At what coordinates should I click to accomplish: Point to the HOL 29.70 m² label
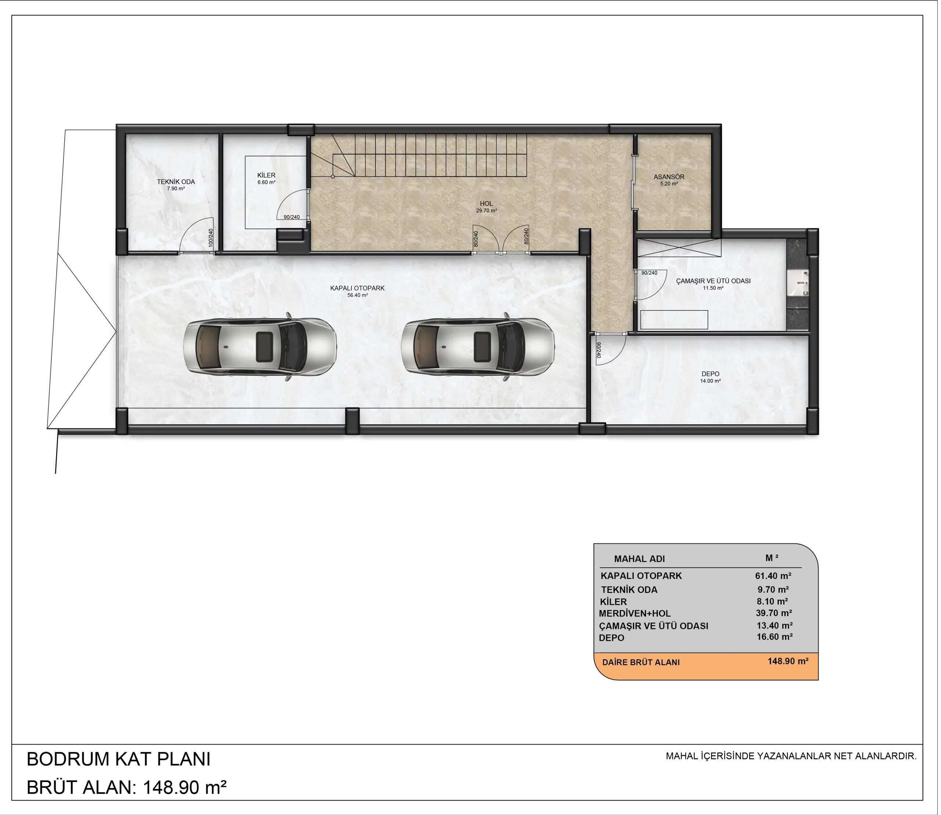coord(486,207)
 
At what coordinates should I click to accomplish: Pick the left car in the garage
coord(260,347)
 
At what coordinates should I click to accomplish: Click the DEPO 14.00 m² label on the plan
coord(711,378)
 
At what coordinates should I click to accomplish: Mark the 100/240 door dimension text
coord(211,238)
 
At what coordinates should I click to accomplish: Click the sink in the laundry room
coord(798,283)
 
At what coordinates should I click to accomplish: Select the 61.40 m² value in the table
coord(773,576)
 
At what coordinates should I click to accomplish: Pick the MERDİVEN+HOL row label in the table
coord(634,614)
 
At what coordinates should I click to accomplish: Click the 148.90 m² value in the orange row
coord(788,661)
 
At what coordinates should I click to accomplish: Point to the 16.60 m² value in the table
coord(774,637)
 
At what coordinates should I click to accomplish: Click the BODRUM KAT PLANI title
coord(118,759)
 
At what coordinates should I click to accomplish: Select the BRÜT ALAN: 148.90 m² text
coord(126,787)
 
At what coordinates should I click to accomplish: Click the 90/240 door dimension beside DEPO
coord(598,350)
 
